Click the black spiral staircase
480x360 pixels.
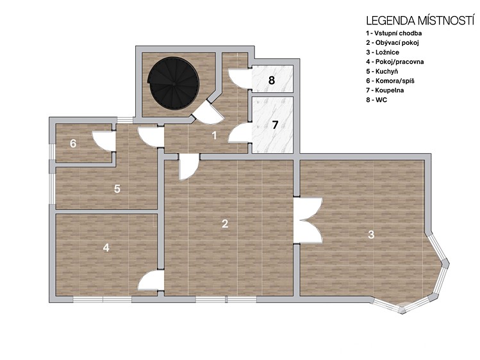pos(173,83)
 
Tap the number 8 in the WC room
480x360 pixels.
pos(272,81)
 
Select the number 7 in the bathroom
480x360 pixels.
pos(275,125)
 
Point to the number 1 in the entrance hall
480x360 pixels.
pos(214,135)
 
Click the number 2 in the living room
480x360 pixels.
pos(225,224)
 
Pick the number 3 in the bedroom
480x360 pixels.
pos(371,234)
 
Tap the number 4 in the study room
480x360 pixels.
pos(106,247)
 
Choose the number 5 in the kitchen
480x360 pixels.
pos(117,189)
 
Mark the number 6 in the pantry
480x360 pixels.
pos(73,143)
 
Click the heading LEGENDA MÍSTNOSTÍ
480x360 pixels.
pos(420,20)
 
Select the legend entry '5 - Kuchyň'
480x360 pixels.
pos(382,71)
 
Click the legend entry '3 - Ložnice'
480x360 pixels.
pos(383,53)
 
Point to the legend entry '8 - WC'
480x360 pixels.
pos(377,100)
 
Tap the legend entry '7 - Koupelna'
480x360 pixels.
pos(385,90)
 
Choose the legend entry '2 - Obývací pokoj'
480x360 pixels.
pos(392,42)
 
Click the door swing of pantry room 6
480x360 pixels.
pos(103,141)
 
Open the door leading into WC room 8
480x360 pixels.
pos(240,79)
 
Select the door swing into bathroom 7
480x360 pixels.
pos(240,133)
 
